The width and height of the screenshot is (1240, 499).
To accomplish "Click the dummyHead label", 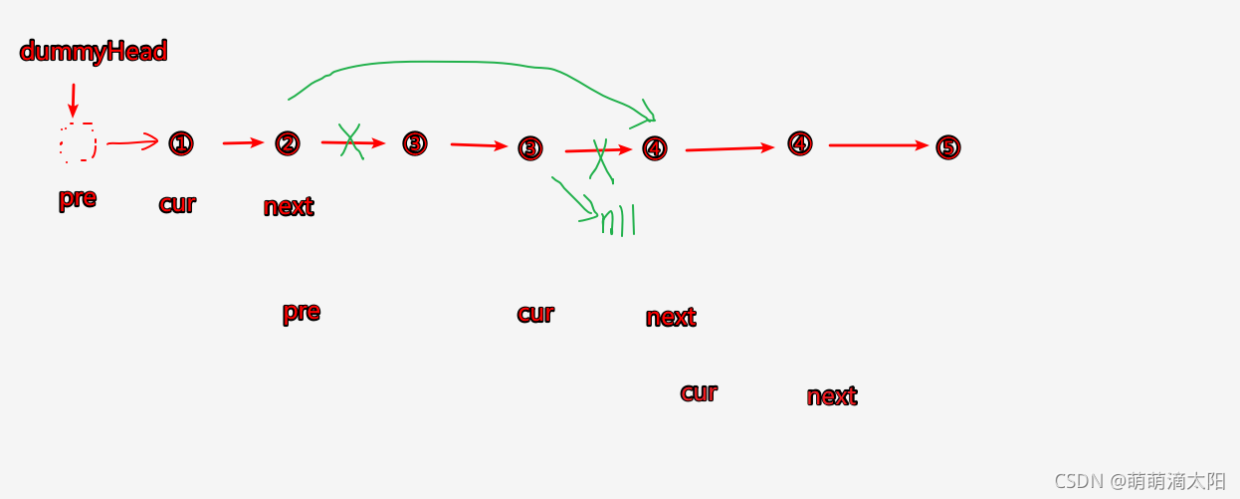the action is (94, 52).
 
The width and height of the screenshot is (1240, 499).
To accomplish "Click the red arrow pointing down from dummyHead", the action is (73, 100).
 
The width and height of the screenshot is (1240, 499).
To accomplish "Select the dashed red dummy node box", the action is (78, 143).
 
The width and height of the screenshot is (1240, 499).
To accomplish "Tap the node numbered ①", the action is (180, 144).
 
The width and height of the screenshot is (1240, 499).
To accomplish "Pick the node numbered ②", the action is (288, 143).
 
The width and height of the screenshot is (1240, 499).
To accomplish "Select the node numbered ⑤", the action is (948, 147).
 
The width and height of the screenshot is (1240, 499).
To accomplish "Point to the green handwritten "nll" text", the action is (617, 221).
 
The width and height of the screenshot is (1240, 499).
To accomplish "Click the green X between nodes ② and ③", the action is (350, 141).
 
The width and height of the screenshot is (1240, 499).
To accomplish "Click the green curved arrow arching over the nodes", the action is (448, 64).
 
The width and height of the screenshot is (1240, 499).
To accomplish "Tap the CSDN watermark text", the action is (1139, 481).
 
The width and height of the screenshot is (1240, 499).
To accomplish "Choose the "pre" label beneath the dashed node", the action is (78, 198).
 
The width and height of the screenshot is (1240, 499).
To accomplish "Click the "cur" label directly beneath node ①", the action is (177, 204).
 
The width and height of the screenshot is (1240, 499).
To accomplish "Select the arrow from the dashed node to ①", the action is (132, 142).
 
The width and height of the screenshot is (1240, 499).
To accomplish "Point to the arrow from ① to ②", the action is (242, 143).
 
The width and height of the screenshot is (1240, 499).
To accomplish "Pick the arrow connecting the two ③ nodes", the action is (479, 145).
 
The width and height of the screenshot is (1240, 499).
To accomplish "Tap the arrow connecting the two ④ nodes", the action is (729, 148).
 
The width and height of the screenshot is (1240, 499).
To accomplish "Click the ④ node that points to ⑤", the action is (800, 144).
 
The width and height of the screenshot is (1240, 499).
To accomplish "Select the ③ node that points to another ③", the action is (415, 143).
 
